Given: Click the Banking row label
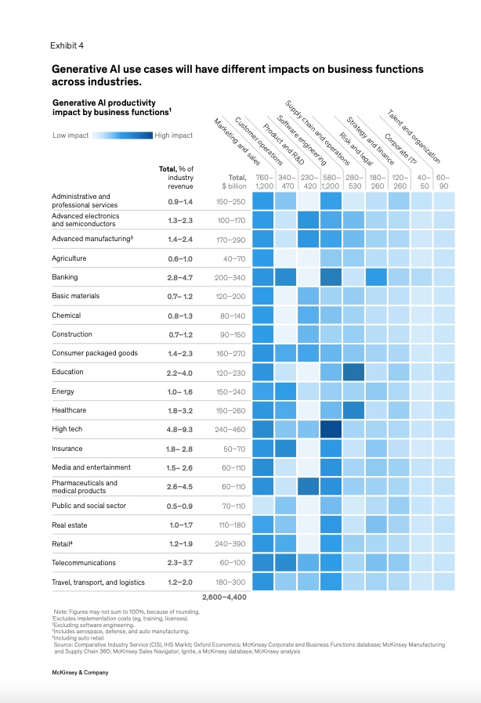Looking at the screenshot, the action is point(64,277).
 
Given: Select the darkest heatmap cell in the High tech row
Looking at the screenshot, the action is point(331,429).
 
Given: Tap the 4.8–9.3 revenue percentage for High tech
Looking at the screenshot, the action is point(179,430).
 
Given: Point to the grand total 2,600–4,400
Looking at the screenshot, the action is point(224,597).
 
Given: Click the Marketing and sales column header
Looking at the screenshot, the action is point(237,142).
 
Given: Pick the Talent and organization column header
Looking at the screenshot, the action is point(414,136).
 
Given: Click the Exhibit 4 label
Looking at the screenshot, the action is point(67,45).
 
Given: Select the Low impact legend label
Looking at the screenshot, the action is point(71,135).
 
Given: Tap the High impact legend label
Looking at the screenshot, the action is point(174,135).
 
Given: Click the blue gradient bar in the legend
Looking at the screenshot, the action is point(122,135).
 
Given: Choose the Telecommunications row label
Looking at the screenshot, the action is point(84,563).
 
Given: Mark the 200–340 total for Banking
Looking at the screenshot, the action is point(230,278).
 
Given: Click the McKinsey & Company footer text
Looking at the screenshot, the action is point(80,672).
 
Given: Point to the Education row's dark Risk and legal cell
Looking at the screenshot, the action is point(353,372).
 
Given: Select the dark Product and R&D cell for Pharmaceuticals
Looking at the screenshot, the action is point(308,486).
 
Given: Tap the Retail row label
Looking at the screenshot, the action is point(62,544).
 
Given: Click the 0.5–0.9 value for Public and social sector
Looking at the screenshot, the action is point(179,507).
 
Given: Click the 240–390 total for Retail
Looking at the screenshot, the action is point(230,544).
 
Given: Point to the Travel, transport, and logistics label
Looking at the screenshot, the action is point(98,582).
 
